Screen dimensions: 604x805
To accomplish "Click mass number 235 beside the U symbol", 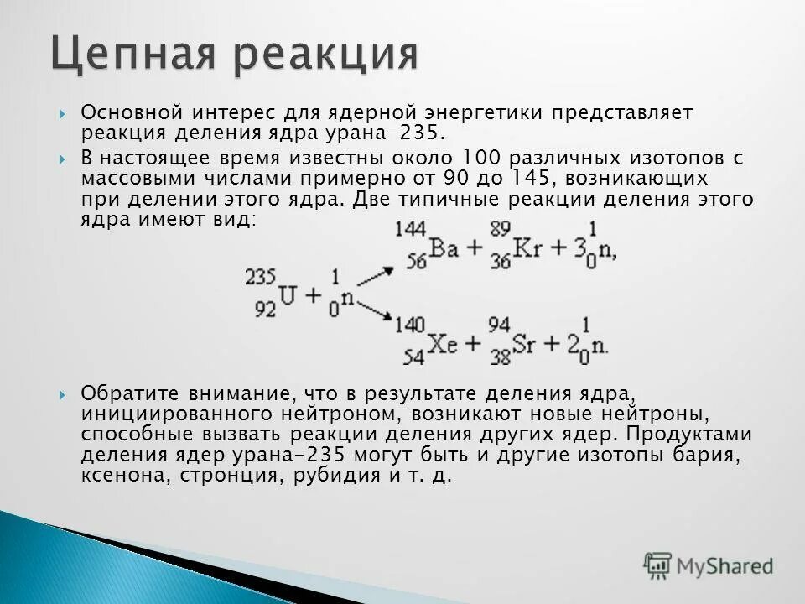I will (261, 278).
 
